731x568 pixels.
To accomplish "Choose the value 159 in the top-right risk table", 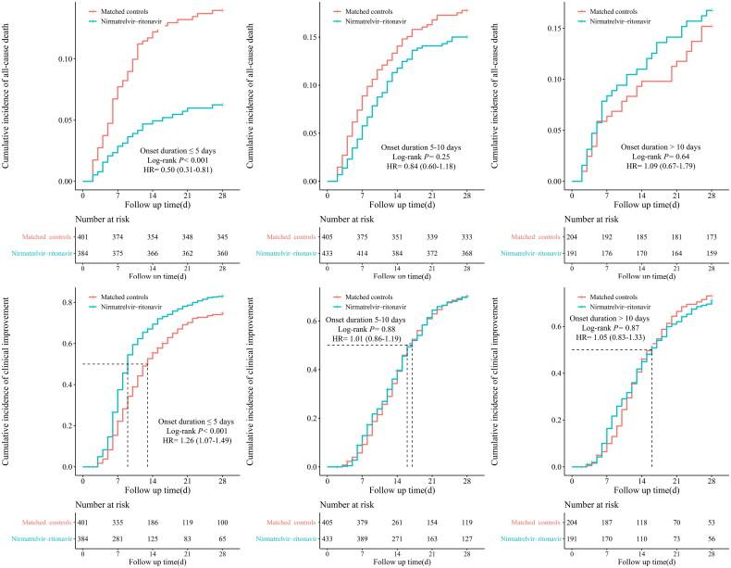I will [710, 253].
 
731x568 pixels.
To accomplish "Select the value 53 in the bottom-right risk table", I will [710, 522].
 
